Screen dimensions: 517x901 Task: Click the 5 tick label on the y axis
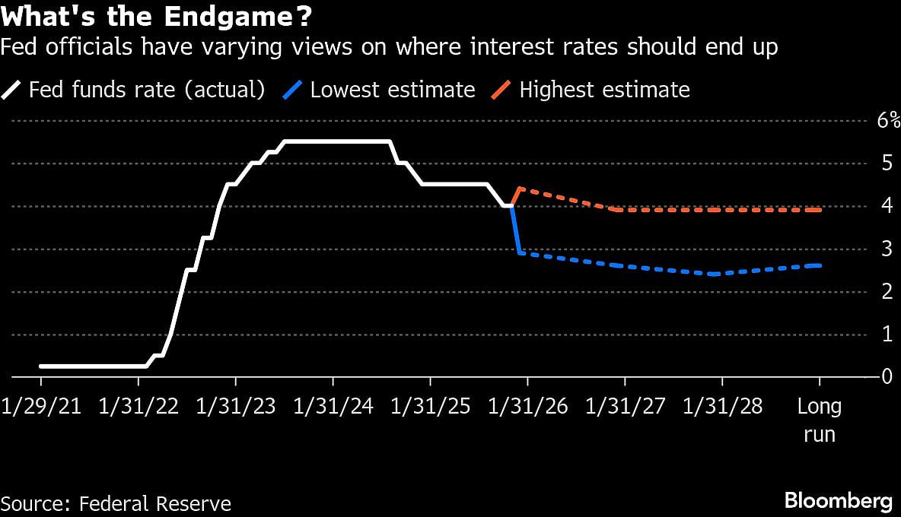point(887,163)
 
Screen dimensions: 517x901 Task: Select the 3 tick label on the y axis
point(887,249)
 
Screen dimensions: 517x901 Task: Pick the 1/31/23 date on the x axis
point(235,407)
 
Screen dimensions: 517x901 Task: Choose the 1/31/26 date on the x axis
point(527,407)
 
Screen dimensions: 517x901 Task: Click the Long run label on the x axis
point(820,420)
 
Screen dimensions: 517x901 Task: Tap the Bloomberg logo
point(838,501)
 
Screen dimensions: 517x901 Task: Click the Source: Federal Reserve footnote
point(116,503)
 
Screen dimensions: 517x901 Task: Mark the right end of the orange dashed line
point(820,210)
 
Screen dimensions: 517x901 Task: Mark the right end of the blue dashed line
point(820,265)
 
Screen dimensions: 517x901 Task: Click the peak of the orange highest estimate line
point(518,189)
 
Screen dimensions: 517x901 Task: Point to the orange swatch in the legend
point(500,90)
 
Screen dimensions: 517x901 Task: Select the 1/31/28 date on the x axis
point(722,407)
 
